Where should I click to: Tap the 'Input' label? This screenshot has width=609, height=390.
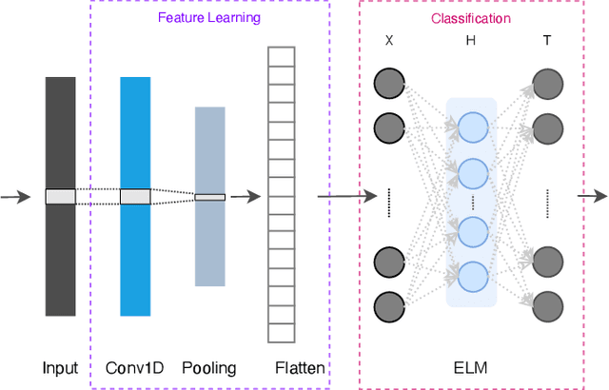tap(60, 368)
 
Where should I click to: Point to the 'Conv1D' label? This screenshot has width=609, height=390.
tap(134, 368)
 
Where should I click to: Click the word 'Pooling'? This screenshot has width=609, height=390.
tap(208, 368)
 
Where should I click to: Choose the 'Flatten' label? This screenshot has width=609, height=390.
tap(299, 368)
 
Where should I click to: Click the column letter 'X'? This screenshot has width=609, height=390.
tap(388, 42)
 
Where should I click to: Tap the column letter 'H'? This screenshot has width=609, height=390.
tap(470, 42)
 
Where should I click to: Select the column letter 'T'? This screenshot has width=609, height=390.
tap(546, 42)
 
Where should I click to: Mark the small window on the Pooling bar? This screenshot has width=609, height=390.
tap(209, 197)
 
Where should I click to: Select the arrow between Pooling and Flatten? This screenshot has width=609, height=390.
tap(246, 197)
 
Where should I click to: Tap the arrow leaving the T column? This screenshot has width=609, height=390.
tap(591, 197)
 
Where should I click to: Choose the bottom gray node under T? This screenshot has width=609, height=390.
tap(546, 305)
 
